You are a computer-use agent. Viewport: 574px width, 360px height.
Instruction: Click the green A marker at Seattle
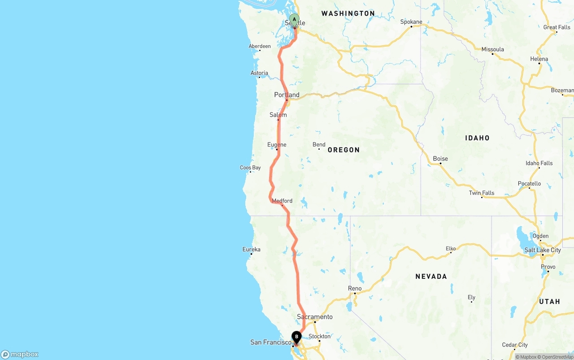click(x=294, y=19)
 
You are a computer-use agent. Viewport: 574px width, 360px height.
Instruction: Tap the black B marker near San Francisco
click(x=296, y=337)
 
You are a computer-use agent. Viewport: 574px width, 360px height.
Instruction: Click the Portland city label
click(x=287, y=95)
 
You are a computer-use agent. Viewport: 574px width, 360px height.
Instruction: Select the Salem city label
click(x=278, y=115)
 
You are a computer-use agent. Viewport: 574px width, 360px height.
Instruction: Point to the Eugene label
click(x=277, y=144)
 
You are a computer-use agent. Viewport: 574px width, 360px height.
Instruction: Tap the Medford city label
click(x=282, y=200)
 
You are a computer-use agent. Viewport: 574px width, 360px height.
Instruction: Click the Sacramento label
click(x=315, y=317)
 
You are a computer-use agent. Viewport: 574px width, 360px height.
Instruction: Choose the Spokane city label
click(x=411, y=22)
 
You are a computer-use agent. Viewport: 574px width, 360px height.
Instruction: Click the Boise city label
click(x=440, y=158)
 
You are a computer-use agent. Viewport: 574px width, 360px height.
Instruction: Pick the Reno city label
click(x=355, y=288)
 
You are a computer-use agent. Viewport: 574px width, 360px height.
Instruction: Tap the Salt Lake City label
click(x=543, y=250)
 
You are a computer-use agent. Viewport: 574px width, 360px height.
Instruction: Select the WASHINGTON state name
click(x=348, y=13)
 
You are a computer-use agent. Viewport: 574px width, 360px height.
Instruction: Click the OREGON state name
click(x=344, y=150)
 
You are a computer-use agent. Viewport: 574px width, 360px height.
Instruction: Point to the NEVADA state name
click(x=431, y=277)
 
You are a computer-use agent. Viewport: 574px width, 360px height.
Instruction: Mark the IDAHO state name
click(x=477, y=138)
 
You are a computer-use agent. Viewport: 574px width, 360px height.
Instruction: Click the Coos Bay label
click(x=250, y=168)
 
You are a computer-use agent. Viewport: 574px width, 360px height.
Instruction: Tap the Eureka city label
click(x=251, y=249)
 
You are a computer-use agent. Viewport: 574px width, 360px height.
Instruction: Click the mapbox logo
click(x=20, y=354)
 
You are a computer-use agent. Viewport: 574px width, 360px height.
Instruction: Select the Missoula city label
click(x=493, y=49)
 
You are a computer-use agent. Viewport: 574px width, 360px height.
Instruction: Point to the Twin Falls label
click(x=482, y=193)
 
